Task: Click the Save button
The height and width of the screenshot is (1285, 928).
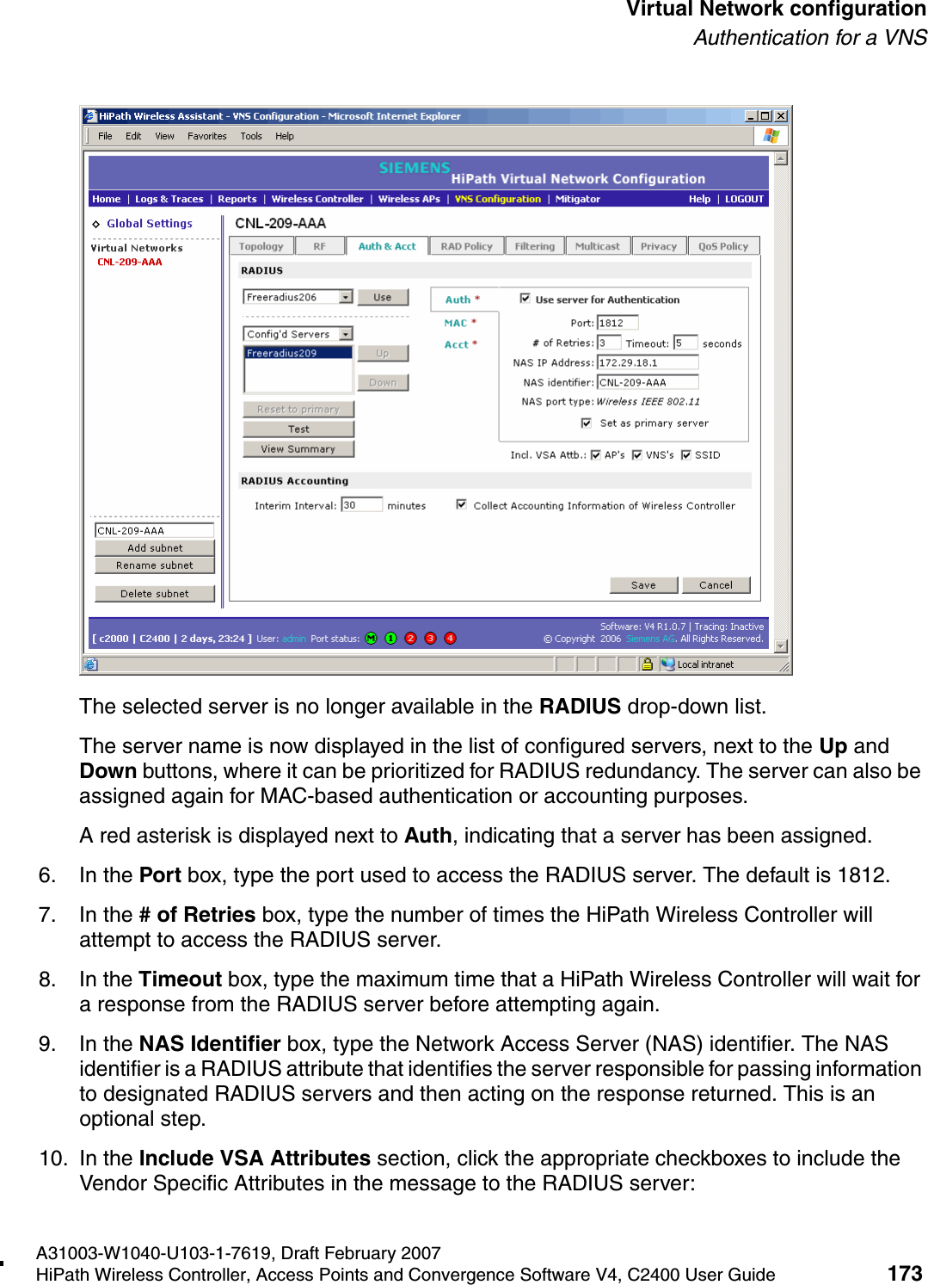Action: tap(643, 585)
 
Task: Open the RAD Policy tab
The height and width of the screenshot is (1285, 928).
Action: tap(466, 246)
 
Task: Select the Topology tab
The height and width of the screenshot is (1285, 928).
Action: tap(261, 246)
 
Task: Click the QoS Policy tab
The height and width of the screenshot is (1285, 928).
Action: tap(722, 246)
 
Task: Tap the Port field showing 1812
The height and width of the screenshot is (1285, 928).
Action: tap(617, 323)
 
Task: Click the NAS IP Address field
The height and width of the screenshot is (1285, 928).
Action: tap(647, 362)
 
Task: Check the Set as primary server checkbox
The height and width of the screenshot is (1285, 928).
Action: tap(587, 423)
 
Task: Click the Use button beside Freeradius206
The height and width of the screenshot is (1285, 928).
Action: tap(383, 298)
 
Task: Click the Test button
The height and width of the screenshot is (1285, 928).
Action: tap(298, 429)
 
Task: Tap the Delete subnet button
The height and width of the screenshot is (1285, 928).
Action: tap(155, 594)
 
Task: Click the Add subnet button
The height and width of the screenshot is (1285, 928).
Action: tap(155, 548)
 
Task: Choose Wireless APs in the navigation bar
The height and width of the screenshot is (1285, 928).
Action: tap(409, 199)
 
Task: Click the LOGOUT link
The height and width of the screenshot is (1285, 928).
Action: tap(744, 199)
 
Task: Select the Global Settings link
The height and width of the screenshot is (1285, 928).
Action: tap(150, 224)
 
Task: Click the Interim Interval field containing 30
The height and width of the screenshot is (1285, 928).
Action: tap(361, 505)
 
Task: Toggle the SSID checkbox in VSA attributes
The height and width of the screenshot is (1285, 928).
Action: tap(686, 455)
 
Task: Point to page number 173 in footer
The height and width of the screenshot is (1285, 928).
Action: tap(904, 1273)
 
